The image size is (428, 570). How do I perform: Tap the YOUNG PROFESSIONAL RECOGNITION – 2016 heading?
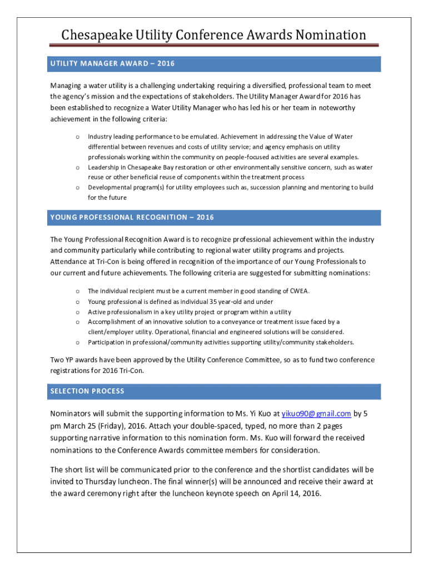[x=132, y=217]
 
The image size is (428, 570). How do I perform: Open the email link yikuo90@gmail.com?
[x=316, y=413]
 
